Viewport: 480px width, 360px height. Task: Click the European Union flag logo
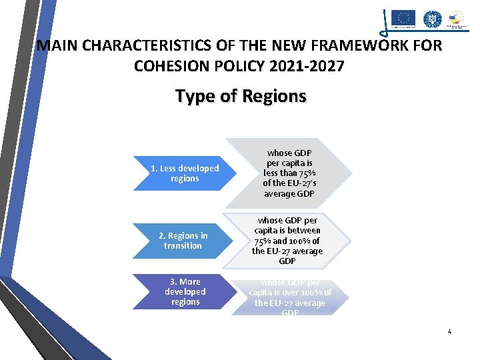pos(403,18)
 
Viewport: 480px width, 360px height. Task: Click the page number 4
pos(449,331)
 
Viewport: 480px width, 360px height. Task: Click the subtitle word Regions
pos(274,96)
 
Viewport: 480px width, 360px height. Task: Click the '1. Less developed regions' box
pos(185,173)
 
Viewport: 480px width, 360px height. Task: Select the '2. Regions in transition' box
pos(183,241)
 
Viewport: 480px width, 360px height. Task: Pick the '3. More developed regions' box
pos(185,292)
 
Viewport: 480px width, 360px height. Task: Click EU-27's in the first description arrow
pos(296,183)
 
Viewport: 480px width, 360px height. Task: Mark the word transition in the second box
pos(183,245)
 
